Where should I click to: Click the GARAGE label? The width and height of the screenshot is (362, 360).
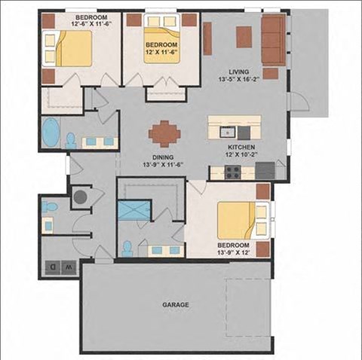pyautogui.click(x=176, y=305)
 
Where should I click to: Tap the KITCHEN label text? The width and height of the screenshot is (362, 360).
pyautogui.click(x=241, y=147)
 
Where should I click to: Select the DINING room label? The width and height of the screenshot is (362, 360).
pyautogui.click(x=163, y=157)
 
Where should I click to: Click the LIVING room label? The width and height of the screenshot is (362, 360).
pyautogui.click(x=239, y=72)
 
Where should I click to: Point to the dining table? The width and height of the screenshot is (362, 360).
pyautogui.click(x=164, y=133)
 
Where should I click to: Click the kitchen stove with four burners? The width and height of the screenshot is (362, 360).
pyautogui.click(x=233, y=172)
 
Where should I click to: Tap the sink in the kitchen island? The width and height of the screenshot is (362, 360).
pyautogui.click(x=228, y=133)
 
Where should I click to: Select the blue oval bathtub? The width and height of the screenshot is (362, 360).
pyautogui.click(x=51, y=132)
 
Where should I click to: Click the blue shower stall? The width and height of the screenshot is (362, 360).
pyautogui.click(x=133, y=210)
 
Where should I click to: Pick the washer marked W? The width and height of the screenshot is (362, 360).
pyautogui.click(x=69, y=267)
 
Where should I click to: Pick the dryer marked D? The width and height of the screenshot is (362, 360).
pyautogui.click(x=53, y=267)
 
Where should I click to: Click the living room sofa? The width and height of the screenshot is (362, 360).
pyautogui.click(x=274, y=40)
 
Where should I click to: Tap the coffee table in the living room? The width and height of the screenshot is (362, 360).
pyautogui.click(x=244, y=37)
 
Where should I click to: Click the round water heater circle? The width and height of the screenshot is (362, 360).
pyautogui.click(x=81, y=197)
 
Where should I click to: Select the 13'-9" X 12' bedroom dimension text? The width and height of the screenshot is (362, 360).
pyautogui.click(x=234, y=252)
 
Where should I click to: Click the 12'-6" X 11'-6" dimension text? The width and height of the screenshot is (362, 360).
pyautogui.click(x=91, y=24)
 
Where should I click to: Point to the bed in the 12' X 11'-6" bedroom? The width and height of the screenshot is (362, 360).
pyautogui.click(x=162, y=38)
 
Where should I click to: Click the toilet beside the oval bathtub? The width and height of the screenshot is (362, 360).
pyautogui.click(x=71, y=141)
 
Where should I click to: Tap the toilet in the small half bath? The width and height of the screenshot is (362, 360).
pyautogui.click(x=50, y=206)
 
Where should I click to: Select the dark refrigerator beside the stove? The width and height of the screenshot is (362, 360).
pyautogui.click(x=265, y=171)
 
